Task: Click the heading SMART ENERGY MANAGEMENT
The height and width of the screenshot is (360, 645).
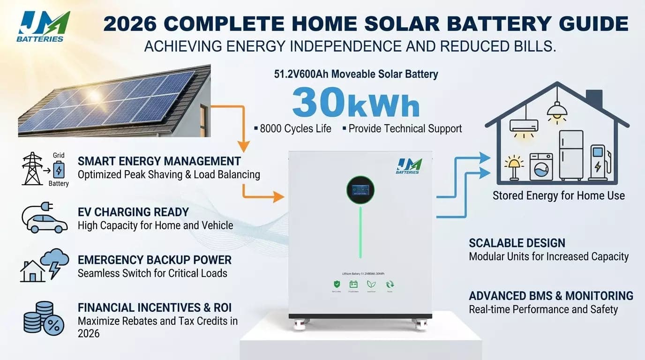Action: (x=159, y=161)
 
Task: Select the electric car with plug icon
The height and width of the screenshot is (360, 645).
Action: (x=45, y=218)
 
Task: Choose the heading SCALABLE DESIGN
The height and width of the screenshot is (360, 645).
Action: (x=517, y=243)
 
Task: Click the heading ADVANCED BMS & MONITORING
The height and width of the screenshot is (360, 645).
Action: (x=551, y=296)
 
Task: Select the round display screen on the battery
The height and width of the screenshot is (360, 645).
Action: (x=360, y=189)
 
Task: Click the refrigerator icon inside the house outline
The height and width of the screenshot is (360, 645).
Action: (x=571, y=155)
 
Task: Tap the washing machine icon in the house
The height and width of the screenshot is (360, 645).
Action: (x=541, y=167)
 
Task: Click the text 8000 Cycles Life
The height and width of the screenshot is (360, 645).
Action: (x=295, y=128)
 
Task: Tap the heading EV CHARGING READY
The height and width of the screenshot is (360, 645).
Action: (x=133, y=212)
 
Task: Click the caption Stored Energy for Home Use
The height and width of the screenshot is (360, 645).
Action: (x=558, y=195)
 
